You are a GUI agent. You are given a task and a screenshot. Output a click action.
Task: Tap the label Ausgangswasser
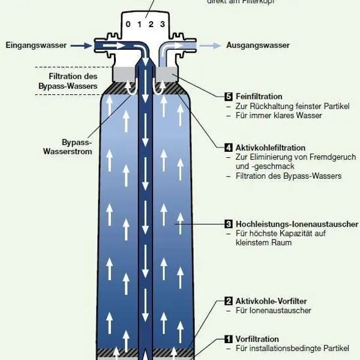click(x=257, y=45)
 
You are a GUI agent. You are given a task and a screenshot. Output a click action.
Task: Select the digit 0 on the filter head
click(x=127, y=25)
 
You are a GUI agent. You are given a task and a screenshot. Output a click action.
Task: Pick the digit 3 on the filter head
click(x=162, y=25)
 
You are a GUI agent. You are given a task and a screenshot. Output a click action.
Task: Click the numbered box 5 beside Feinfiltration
click(x=228, y=97)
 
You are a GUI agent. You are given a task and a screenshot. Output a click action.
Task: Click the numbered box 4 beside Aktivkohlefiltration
click(x=228, y=148)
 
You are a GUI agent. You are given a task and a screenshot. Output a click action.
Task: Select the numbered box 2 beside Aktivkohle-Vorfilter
click(x=228, y=301)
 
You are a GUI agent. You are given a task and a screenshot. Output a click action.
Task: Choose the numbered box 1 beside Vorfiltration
click(x=228, y=340)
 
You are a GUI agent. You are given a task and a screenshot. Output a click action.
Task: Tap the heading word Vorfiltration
click(x=257, y=340)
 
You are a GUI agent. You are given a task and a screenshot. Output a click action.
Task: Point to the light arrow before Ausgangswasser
click(x=209, y=45)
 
